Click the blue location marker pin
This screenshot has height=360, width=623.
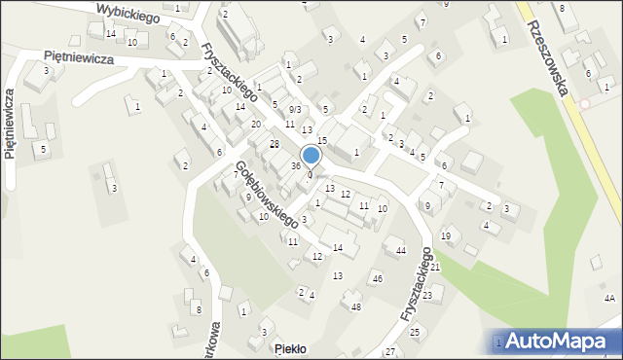pyautogui.click(x=311, y=156)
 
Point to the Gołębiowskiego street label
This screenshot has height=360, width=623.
pyautogui.click(x=266, y=196)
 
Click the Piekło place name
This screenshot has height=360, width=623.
pyautogui.click(x=290, y=348)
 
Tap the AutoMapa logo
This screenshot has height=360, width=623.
pyautogui.click(x=560, y=341)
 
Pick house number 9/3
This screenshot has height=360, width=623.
pyautogui.click(x=294, y=109)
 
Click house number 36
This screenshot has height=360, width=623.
pyautogui.click(x=295, y=166)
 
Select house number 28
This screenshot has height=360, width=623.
pyautogui.click(x=274, y=144)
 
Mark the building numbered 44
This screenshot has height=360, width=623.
pyautogui.click(x=400, y=251)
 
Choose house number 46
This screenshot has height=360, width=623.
pyautogui.click(x=377, y=279)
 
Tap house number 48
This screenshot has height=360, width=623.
pyautogui.click(x=356, y=307)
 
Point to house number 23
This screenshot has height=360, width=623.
pyautogui.click(x=426, y=293)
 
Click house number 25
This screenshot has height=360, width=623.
pyautogui.click(x=414, y=333)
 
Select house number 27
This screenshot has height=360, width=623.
pyautogui.click(x=390, y=350)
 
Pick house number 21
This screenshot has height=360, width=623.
pyautogui.click(x=435, y=267)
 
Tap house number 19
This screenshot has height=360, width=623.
pyautogui.click(x=446, y=235)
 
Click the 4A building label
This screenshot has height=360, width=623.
pyautogui.click(x=609, y=298)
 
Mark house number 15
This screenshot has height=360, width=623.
pyautogui.click(x=321, y=142)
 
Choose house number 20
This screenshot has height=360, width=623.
pyautogui.click(x=255, y=125)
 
